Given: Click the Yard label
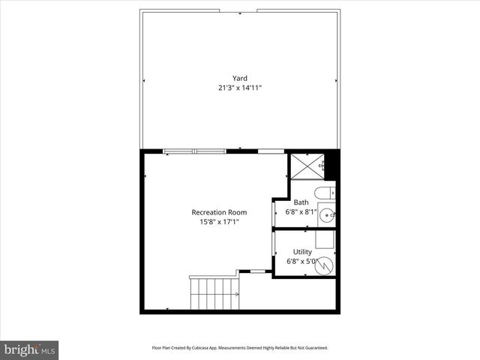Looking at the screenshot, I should tap(239, 78).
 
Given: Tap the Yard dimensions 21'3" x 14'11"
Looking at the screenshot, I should tap(239, 88).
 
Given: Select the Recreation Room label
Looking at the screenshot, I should tap(219, 212).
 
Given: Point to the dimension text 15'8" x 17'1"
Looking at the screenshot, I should tap(219, 222).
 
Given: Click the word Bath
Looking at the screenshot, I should tap(301, 202).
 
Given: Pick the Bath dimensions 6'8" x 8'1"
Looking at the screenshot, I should tap(301, 212).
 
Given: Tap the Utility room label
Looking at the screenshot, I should tap(302, 252).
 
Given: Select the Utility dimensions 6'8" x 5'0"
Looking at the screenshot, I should tap(302, 262).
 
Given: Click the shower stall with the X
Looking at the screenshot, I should tap(307, 166).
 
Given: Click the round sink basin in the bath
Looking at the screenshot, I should tap(327, 216).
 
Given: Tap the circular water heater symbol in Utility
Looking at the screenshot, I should tap(323, 264).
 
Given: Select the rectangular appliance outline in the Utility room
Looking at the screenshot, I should tap(324, 239).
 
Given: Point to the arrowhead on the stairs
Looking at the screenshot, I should tap(237, 295).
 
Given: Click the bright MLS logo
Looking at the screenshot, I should tap(29, 349).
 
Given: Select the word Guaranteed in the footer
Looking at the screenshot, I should tap(313, 348).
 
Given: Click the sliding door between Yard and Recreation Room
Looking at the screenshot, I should tap(194, 151).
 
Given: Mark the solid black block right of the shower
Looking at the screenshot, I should tap(332, 164).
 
